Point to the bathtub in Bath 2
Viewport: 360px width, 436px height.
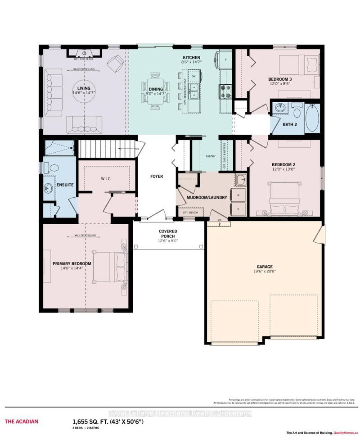click(312, 118)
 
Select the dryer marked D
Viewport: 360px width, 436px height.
click(238, 209)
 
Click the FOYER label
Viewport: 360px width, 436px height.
click(156, 176)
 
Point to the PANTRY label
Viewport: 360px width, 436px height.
click(210, 156)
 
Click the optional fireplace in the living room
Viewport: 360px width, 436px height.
click(84, 53)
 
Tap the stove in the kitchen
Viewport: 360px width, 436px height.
click(225, 91)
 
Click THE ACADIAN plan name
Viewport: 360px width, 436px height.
click(22, 422)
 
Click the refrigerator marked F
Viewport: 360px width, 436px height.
click(225, 59)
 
